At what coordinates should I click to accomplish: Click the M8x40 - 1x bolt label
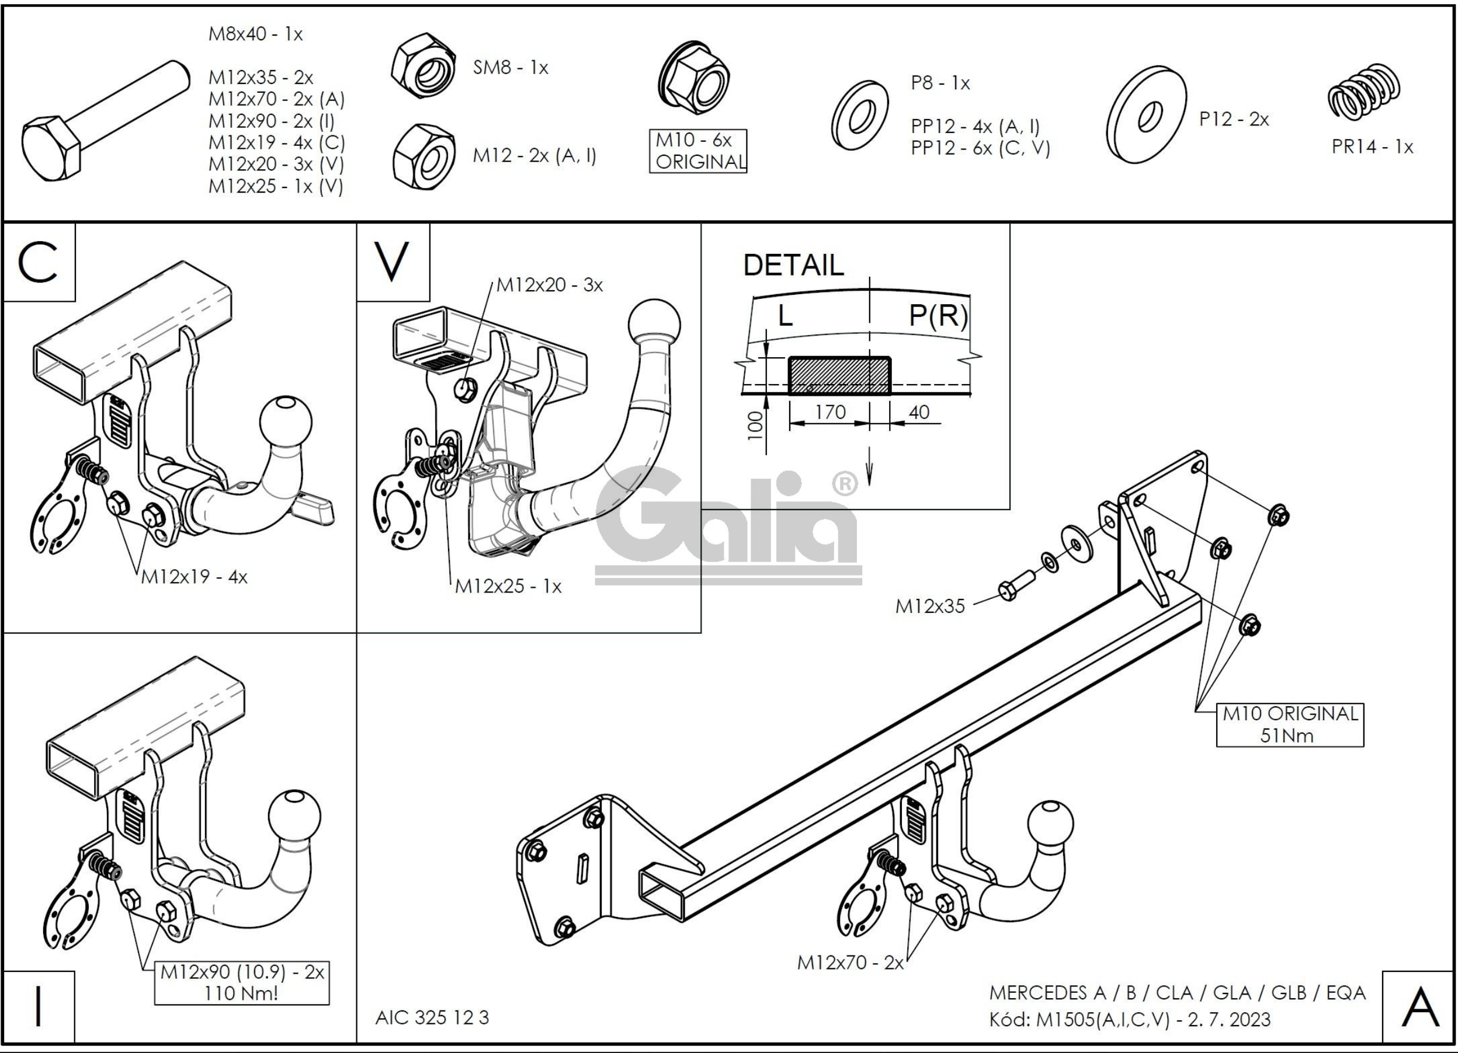[255, 34]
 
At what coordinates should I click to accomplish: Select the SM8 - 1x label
[511, 68]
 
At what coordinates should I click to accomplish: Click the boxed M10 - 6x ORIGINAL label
[697, 151]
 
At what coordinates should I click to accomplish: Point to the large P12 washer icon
[1146, 114]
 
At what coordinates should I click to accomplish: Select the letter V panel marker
[391, 262]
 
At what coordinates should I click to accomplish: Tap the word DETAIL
[793, 266]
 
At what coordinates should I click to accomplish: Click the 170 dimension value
[830, 412]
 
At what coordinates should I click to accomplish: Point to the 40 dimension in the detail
[919, 412]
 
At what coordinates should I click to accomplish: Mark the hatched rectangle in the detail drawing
[839, 375]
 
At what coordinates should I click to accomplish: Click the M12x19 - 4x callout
[194, 576]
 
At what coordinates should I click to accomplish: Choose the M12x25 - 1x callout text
[508, 586]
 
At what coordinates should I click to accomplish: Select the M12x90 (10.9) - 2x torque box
[242, 982]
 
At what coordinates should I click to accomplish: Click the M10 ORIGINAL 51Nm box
[1290, 725]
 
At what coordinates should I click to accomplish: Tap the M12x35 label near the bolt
[930, 606]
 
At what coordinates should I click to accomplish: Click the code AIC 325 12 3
[432, 1017]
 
